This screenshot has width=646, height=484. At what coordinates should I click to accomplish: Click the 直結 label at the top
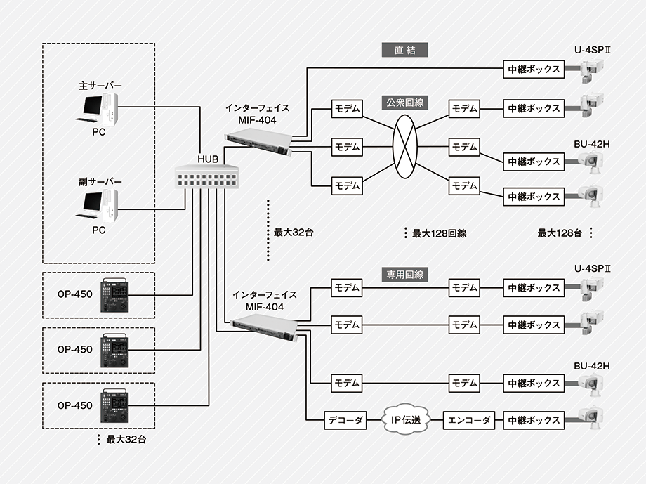[405, 51]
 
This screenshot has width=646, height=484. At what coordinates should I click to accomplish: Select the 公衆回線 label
[405, 103]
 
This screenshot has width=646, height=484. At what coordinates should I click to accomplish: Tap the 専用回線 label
[405, 275]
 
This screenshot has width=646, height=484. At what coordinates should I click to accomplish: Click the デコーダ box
[345, 421]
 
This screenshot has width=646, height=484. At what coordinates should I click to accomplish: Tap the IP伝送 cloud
[405, 421]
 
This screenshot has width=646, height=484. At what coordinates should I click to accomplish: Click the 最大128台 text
[560, 233]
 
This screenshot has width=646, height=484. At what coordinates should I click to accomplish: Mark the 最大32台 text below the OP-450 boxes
[127, 440]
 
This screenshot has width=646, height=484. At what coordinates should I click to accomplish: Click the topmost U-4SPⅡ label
[593, 51]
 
